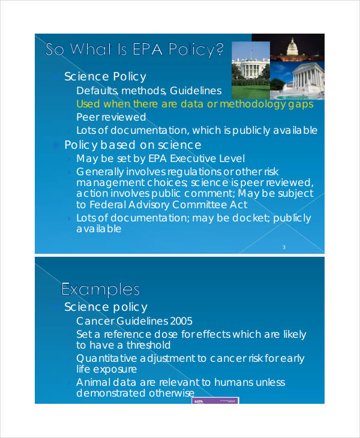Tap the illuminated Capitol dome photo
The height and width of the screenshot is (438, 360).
coord(293,47)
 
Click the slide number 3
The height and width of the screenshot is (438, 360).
coord(283,247)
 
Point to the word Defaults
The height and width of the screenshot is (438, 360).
coord(97,91)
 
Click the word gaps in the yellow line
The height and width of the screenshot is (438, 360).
coord(299,104)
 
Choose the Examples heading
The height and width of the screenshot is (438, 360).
coord(100,290)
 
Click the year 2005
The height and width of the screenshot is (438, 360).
coord(181,321)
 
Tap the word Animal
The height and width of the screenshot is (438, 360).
coord(94,382)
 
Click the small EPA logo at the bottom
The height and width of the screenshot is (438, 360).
coord(199,400)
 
